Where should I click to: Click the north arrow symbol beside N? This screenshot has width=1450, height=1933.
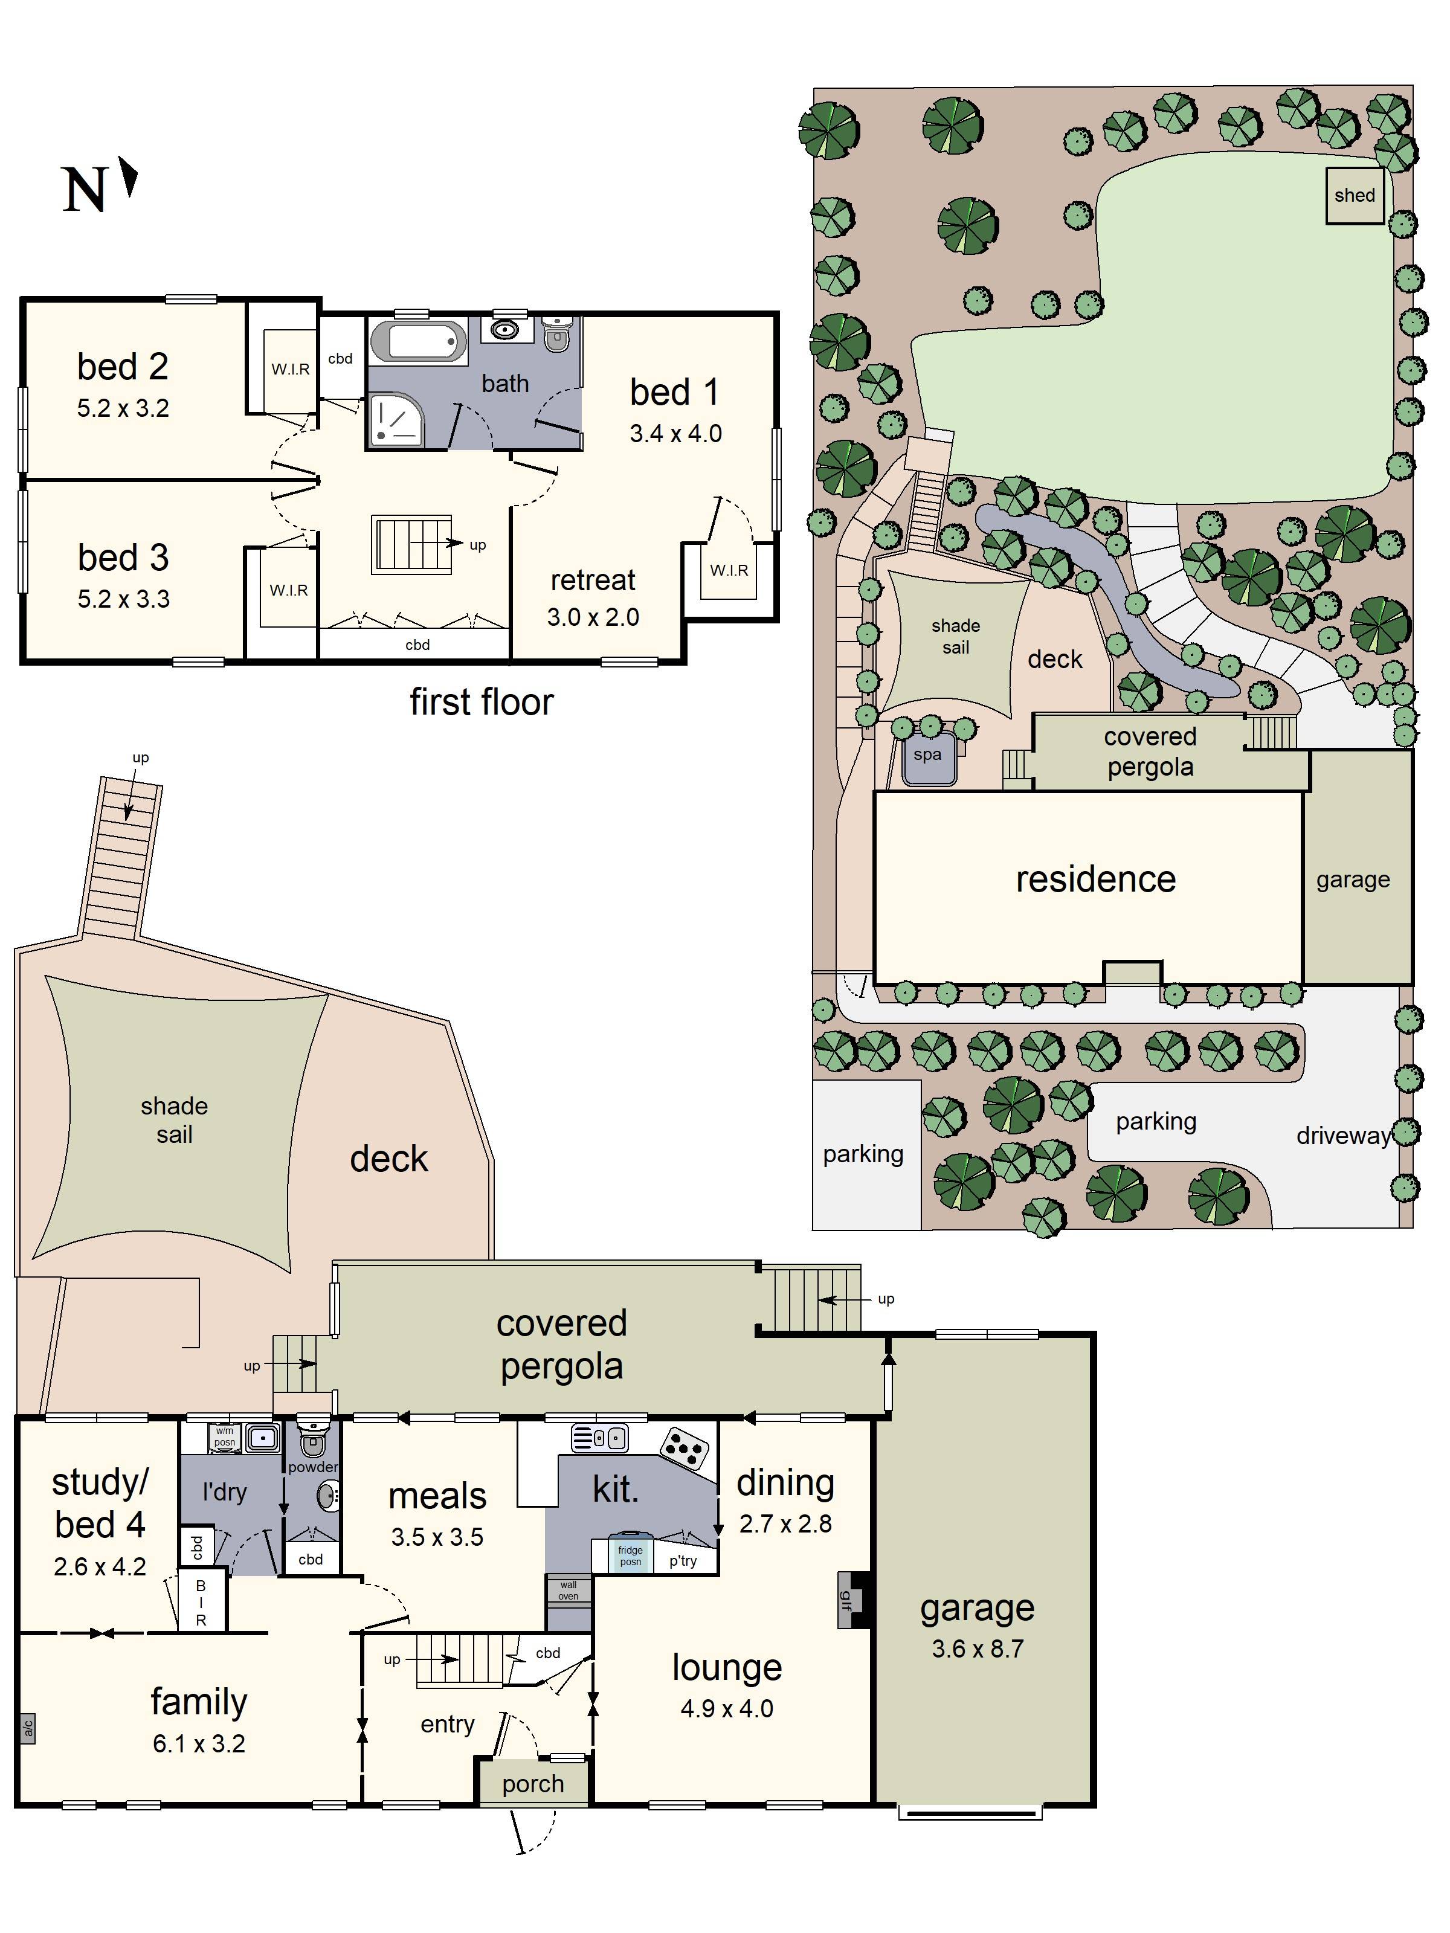tap(129, 178)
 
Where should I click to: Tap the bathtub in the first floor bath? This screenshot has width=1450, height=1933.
tap(418, 341)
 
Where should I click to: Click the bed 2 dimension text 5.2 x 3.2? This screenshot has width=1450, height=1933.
tap(123, 408)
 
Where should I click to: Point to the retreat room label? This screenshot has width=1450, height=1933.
tap(593, 581)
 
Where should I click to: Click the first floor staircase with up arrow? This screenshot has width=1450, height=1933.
tap(411, 544)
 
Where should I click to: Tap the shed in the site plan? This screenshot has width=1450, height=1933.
tap(1354, 196)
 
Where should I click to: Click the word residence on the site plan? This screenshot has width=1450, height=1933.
tap(1095, 879)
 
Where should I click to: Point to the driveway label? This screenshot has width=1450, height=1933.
tap(1342, 1136)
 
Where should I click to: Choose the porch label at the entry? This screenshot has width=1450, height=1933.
tap(532, 1784)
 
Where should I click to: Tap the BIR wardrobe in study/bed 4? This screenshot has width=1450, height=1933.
tap(201, 1603)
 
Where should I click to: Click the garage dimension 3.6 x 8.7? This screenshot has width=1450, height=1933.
tap(977, 1649)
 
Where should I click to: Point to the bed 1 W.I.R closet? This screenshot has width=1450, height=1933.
tap(729, 571)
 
